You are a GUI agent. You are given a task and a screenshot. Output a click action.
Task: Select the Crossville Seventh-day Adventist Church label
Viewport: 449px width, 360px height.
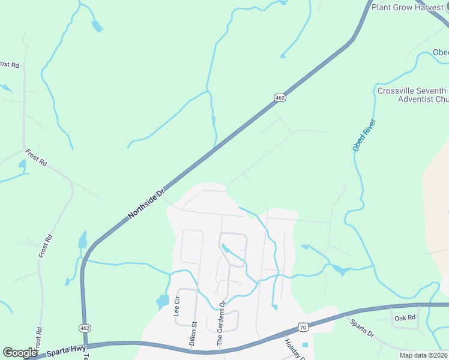coord(413,95)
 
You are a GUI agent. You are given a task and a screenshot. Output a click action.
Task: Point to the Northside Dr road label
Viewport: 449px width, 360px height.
coord(146,205)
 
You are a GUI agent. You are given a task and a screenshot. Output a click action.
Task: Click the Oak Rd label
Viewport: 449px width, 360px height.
coord(406,317)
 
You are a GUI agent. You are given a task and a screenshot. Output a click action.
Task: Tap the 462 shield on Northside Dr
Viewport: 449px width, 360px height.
coord(280,97)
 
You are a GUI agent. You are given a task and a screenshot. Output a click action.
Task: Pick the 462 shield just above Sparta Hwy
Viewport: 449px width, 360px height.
coord(84,328)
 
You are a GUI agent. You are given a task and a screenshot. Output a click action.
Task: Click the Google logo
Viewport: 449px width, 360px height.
coord(20,353)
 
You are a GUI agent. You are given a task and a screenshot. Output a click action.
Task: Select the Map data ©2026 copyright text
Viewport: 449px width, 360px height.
coord(424,355)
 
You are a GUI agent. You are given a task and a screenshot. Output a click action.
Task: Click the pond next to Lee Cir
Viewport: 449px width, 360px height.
coord(163,301)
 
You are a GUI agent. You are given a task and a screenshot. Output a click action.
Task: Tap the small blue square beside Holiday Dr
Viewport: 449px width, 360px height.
coord(304,345)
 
